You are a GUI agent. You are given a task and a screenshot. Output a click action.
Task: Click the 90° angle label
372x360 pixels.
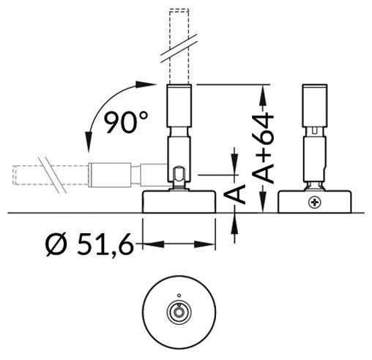(120, 122)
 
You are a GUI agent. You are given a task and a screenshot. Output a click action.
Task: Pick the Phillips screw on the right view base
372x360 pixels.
(316, 200)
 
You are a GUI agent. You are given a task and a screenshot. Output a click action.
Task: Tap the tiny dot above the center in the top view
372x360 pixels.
(178, 297)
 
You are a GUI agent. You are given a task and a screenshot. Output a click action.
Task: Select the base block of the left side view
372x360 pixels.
(178, 202)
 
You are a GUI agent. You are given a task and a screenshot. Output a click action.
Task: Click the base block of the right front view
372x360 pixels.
(316, 201)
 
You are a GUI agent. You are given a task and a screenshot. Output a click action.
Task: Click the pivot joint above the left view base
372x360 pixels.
(177, 176)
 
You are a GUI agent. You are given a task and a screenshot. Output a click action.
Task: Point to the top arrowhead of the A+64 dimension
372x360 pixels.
(263, 89)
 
